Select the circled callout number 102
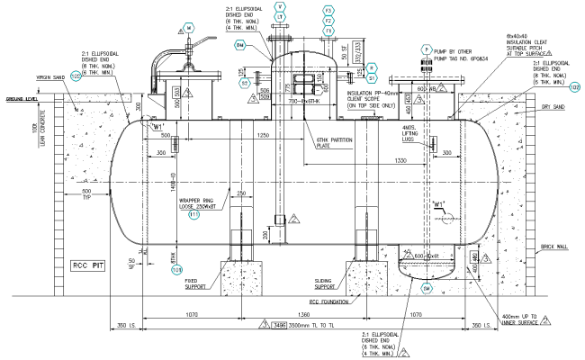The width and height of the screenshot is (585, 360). coord(76,77)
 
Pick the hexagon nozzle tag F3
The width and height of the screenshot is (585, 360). coord(329,9)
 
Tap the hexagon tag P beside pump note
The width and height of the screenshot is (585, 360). coord(427,48)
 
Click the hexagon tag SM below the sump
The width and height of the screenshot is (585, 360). coord(427,289)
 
